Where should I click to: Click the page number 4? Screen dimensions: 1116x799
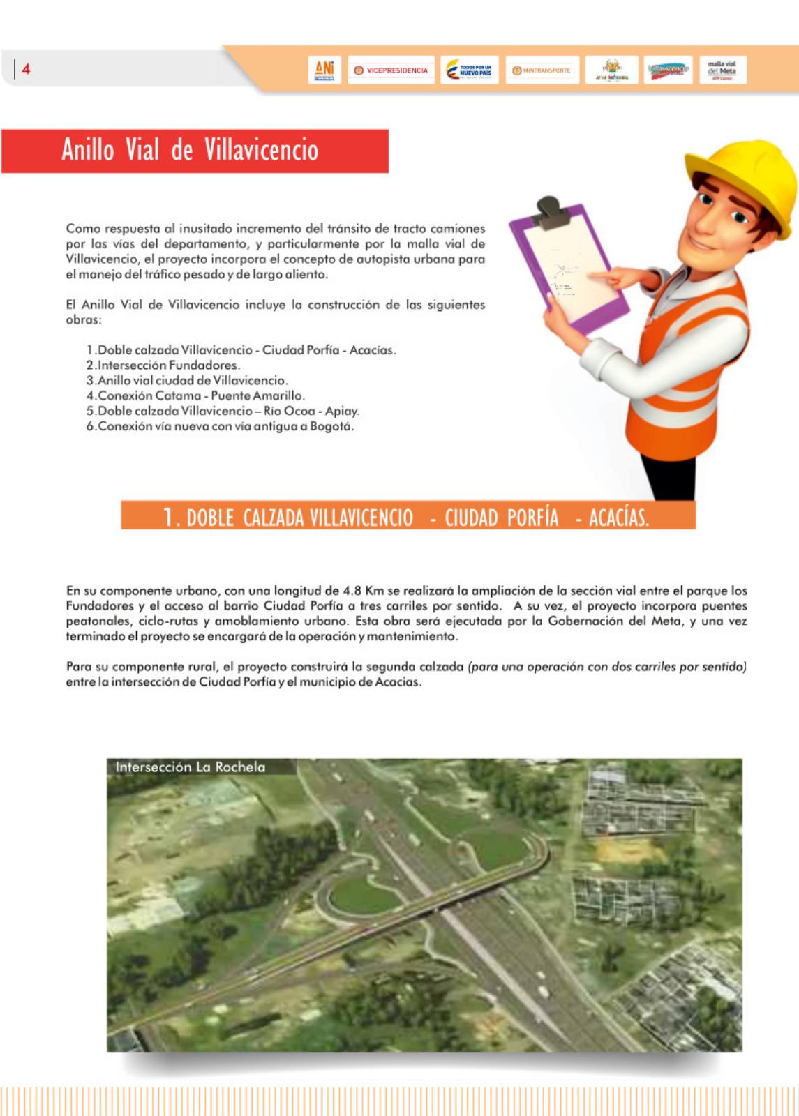27,69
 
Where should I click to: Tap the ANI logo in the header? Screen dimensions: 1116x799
324,70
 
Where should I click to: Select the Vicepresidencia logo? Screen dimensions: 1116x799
391,70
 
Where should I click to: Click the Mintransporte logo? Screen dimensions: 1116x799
542,70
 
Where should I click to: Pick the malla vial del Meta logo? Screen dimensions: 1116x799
722,70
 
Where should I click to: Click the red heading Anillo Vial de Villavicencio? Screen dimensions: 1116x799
190,150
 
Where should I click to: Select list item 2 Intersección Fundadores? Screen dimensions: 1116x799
163,365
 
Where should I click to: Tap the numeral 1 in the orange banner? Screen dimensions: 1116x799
168,517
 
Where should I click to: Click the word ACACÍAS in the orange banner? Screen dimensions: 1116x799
618,518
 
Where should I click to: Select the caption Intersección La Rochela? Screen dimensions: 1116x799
190,767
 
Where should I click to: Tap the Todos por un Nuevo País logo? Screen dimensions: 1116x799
469,70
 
